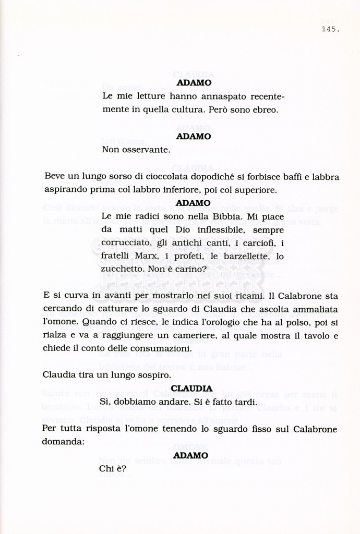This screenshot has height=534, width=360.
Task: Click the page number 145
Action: [330, 30]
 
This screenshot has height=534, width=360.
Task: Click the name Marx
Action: [147, 257]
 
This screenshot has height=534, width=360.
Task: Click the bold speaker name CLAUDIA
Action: [191, 389]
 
